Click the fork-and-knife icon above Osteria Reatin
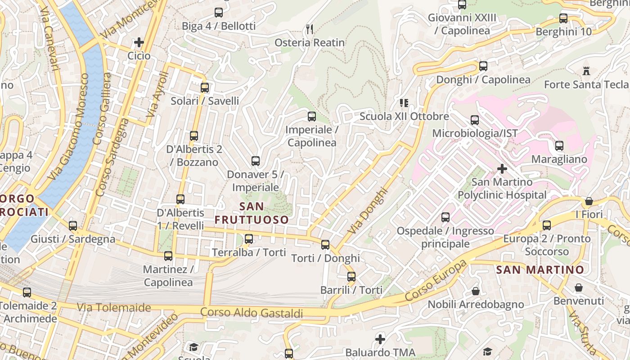pyautogui.click(x=310, y=29)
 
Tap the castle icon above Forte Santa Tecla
pyautogui.click(x=586, y=71)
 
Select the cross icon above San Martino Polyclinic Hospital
pyautogui.click(x=502, y=169)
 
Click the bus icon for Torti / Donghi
pyautogui.click(x=325, y=245)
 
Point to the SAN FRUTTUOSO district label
pyautogui.click(x=252, y=213)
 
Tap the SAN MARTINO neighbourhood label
pyautogui.click(x=540, y=270)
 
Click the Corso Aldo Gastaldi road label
pyautogui.click(x=251, y=313)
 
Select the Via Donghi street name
pyautogui.click(x=368, y=211)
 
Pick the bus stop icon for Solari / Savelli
pyautogui.click(x=205, y=87)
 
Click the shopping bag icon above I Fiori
pyautogui.click(x=589, y=201)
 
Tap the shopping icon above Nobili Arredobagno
pyautogui.click(x=475, y=291)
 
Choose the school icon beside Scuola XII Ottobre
pyautogui.click(x=404, y=103)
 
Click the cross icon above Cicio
pyautogui.click(x=139, y=42)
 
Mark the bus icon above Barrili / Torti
pyautogui.click(x=351, y=276)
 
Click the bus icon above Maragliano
pyautogui.click(x=559, y=146)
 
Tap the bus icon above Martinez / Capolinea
pyautogui.click(x=168, y=256)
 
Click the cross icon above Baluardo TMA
pyautogui.click(x=380, y=339)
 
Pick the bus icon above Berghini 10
pyautogui.click(x=563, y=18)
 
